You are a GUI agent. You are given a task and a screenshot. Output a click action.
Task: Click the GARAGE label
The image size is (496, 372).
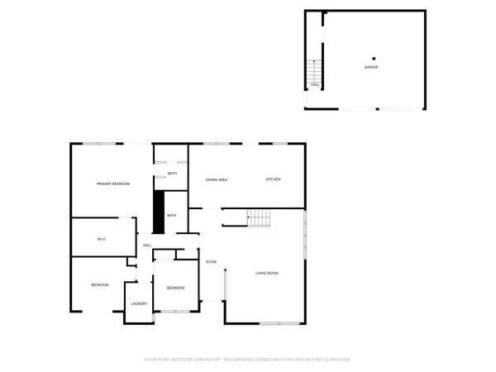tap(371, 67)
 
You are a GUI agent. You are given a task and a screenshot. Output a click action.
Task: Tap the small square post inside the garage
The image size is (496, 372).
tap(374, 58)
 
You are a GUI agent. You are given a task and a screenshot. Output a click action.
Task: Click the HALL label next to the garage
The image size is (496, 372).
tap(315, 84)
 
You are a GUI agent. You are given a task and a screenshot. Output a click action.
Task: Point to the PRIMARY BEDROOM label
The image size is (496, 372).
tap(113, 184)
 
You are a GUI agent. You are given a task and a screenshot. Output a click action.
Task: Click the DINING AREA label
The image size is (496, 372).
tap(217, 179)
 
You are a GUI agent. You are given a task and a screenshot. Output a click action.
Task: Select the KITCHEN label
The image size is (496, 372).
tap(274, 179)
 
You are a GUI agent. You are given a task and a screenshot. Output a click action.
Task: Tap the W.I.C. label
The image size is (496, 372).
tap(102, 239)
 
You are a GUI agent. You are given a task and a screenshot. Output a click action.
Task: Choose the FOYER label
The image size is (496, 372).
tap(211, 262)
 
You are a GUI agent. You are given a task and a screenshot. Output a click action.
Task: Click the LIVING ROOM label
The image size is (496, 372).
tap(266, 273)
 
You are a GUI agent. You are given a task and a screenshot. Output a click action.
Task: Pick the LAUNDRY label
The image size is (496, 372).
tap(139, 303)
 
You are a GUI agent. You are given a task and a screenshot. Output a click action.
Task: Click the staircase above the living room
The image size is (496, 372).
tap(260, 218)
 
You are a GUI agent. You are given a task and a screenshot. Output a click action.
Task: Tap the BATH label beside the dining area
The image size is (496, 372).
tap(172, 173)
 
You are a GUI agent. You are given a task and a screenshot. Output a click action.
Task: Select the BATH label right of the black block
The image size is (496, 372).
tap(172, 216)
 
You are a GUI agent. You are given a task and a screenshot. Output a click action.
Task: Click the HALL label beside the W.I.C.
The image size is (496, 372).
tap(147, 246)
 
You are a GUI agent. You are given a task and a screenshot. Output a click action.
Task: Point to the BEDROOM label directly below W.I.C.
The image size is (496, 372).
tap(100, 284)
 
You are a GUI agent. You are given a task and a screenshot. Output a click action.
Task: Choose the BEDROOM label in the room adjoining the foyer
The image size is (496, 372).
tap(175, 288)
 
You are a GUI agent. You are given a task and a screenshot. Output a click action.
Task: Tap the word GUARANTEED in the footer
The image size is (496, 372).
tap(337, 360)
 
